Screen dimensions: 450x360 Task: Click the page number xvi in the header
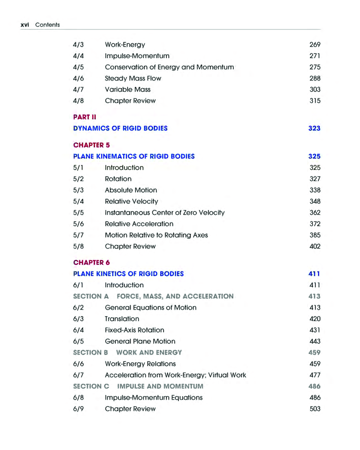point(25,25)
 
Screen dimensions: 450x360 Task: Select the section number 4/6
point(78,78)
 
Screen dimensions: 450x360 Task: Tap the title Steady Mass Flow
point(133,78)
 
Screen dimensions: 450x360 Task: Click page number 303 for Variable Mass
point(315,90)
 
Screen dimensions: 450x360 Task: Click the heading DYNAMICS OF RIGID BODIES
point(120,128)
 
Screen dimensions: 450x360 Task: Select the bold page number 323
point(314,128)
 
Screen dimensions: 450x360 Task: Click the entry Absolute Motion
point(131,190)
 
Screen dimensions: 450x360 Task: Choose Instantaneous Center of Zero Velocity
point(165,213)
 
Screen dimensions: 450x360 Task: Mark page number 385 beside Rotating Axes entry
point(315,235)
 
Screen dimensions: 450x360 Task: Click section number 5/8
point(78,246)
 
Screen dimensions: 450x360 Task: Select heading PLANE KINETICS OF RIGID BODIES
point(129,274)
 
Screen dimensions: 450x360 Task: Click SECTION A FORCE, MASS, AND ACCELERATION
point(153,296)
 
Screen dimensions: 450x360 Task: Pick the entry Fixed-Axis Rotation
point(134,330)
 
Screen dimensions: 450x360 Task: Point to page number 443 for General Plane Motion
point(315,341)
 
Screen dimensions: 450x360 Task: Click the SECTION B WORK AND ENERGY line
point(127,352)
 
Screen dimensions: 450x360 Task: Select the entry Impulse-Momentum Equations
point(154,397)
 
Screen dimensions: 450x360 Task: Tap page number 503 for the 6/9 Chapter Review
point(315,409)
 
